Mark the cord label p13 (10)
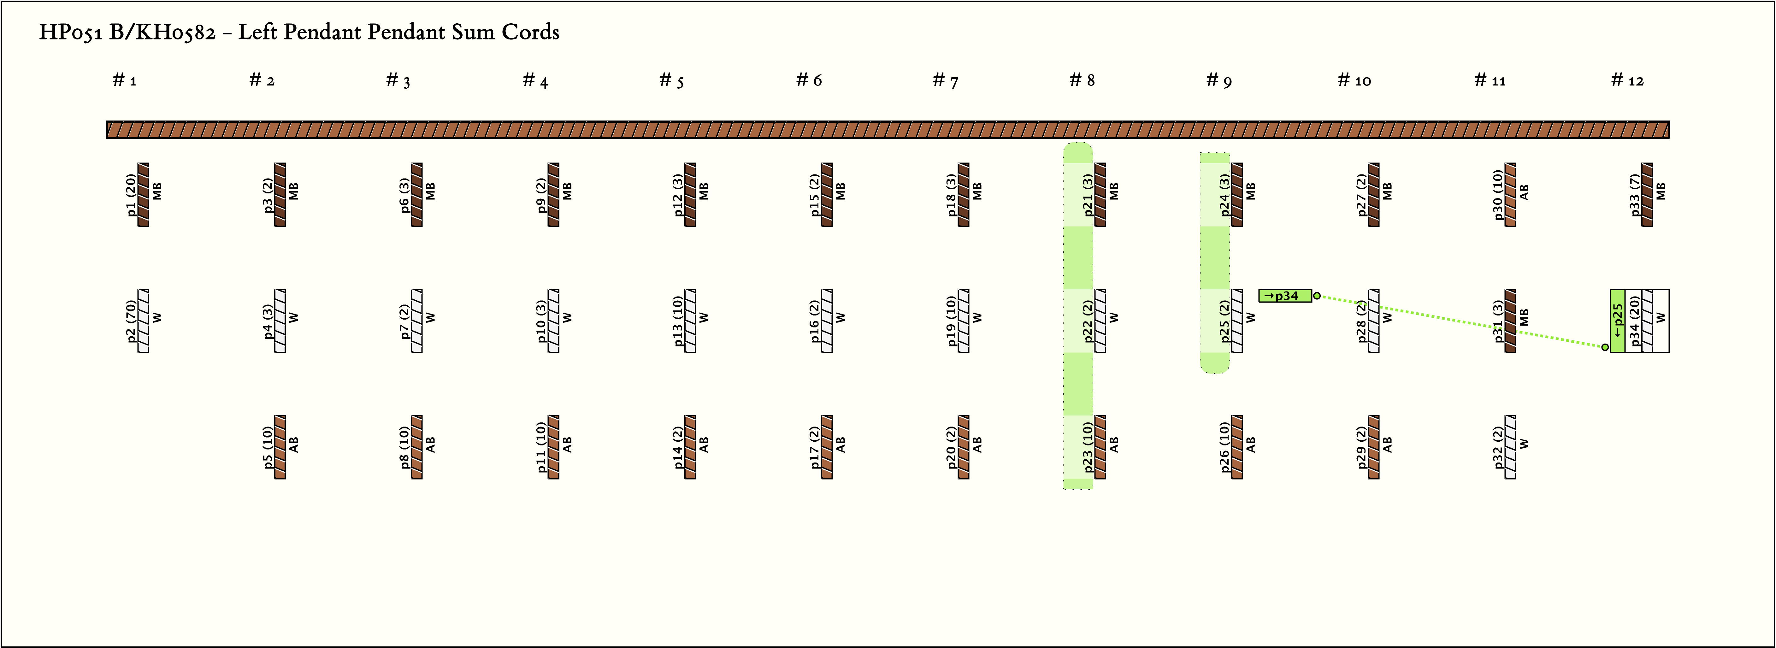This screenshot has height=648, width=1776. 678,321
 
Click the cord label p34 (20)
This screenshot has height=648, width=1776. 1633,321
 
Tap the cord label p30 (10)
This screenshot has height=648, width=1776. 1497,195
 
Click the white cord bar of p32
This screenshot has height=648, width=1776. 1511,447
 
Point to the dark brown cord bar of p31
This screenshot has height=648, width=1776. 1511,321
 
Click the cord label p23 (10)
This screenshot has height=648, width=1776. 1087,447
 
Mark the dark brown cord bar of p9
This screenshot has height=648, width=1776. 554,194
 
